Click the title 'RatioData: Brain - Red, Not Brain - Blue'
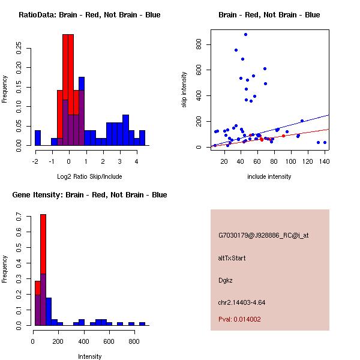coord(89,15)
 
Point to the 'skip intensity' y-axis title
coord(184,90)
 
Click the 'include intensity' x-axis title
coord(269,176)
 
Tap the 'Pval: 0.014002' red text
coord(239,320)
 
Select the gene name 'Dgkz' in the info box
coord(226,280)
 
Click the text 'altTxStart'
coord(232,258)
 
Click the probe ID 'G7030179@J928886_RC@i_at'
coord(263,236)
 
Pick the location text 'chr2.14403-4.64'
coord(241,302)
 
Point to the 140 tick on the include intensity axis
coord(325,161)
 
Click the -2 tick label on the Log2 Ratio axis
coord(35,161)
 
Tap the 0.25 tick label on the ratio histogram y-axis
coord(19,49)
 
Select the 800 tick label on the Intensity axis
coord(134,341)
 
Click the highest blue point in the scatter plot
coord(245,35)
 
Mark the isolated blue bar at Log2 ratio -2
coord(38,137)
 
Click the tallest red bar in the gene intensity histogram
coord(43,270)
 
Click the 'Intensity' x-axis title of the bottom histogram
coord(90,356)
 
